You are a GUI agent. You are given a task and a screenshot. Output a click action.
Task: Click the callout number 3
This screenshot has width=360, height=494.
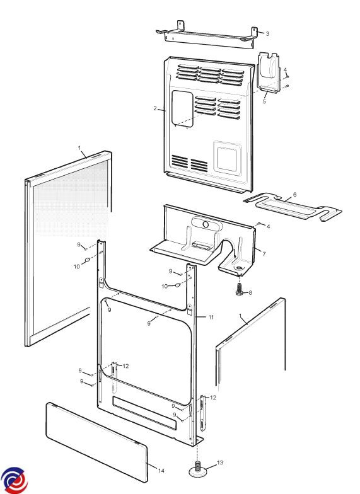[x=267, y=34]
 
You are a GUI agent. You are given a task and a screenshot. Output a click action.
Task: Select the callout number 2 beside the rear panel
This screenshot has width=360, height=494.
[x=155, y=108]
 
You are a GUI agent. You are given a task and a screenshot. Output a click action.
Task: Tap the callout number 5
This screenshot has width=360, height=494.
[x=264, y=101]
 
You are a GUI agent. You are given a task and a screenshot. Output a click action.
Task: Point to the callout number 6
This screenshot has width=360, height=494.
[x=295, y=194]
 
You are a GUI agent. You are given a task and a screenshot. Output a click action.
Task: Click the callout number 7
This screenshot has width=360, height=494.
[x=264, y=254]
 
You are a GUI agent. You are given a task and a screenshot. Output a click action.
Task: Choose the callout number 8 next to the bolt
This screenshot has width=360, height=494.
[x=250, y=292]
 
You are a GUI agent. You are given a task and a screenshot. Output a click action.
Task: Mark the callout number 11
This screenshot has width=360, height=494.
[x=211, y=317]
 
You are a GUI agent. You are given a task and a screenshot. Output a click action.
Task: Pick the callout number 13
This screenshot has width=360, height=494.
[x=220, y=462]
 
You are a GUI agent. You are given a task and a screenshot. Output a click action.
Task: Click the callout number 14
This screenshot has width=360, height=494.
[x=161, y=471]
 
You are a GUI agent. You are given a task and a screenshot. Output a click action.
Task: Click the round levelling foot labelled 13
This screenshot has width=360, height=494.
[x=198, y=470]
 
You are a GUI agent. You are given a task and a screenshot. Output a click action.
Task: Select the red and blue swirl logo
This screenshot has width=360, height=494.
[x=14, y=480]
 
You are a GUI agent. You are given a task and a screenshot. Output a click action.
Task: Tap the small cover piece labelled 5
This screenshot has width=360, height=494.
[x=269, y=72]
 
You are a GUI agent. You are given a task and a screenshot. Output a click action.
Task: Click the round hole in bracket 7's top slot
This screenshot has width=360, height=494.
[x=206, y=224]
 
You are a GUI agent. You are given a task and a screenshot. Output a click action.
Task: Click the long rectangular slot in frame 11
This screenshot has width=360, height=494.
[x=144, y=413]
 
